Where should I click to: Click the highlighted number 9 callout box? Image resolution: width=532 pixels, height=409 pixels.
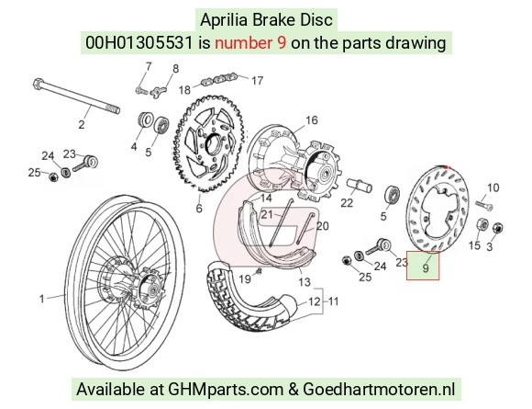pyautogui.click(x=423, y=266)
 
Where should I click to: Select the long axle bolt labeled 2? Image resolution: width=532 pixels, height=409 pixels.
pyautogui.click(x=76, y=97)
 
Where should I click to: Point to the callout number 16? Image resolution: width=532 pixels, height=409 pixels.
pyautogui.click(x=312, y=120)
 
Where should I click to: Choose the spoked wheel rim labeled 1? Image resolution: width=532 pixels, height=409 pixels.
pyautogui.click(x=129, y=279)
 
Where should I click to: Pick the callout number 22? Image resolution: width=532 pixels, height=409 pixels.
pyautogui.click(x=347, y=202)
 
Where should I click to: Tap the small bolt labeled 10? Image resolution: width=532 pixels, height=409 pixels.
pyautogui.click(x=484, y=205)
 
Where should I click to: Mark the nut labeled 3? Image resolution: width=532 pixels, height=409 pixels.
pyautogui.click(x=497, y=227)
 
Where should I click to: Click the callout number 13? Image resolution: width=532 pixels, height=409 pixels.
pyautogui.click(x=305, y=282)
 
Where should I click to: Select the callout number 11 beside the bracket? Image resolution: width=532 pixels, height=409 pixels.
pyautogui.click(x=334, y=301)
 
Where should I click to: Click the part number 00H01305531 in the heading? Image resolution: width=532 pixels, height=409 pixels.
pyautogui.click(x=139, y=43)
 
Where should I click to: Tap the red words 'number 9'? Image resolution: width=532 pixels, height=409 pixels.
pyautogui.click(x=250, y=43)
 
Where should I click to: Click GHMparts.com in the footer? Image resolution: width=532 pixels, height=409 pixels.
pyautogui.click(x=226, y=389)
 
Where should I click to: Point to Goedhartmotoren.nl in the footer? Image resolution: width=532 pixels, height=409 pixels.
pyautogui.click(x=379, y=389)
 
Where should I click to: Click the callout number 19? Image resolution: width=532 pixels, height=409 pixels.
pyautogui.click(x=245, y=279)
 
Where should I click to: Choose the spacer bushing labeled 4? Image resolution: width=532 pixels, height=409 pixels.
pyautogui.click(x=145, y=119)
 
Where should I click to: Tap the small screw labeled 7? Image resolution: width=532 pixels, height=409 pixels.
pyautogui.click(x=141, y=91)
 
